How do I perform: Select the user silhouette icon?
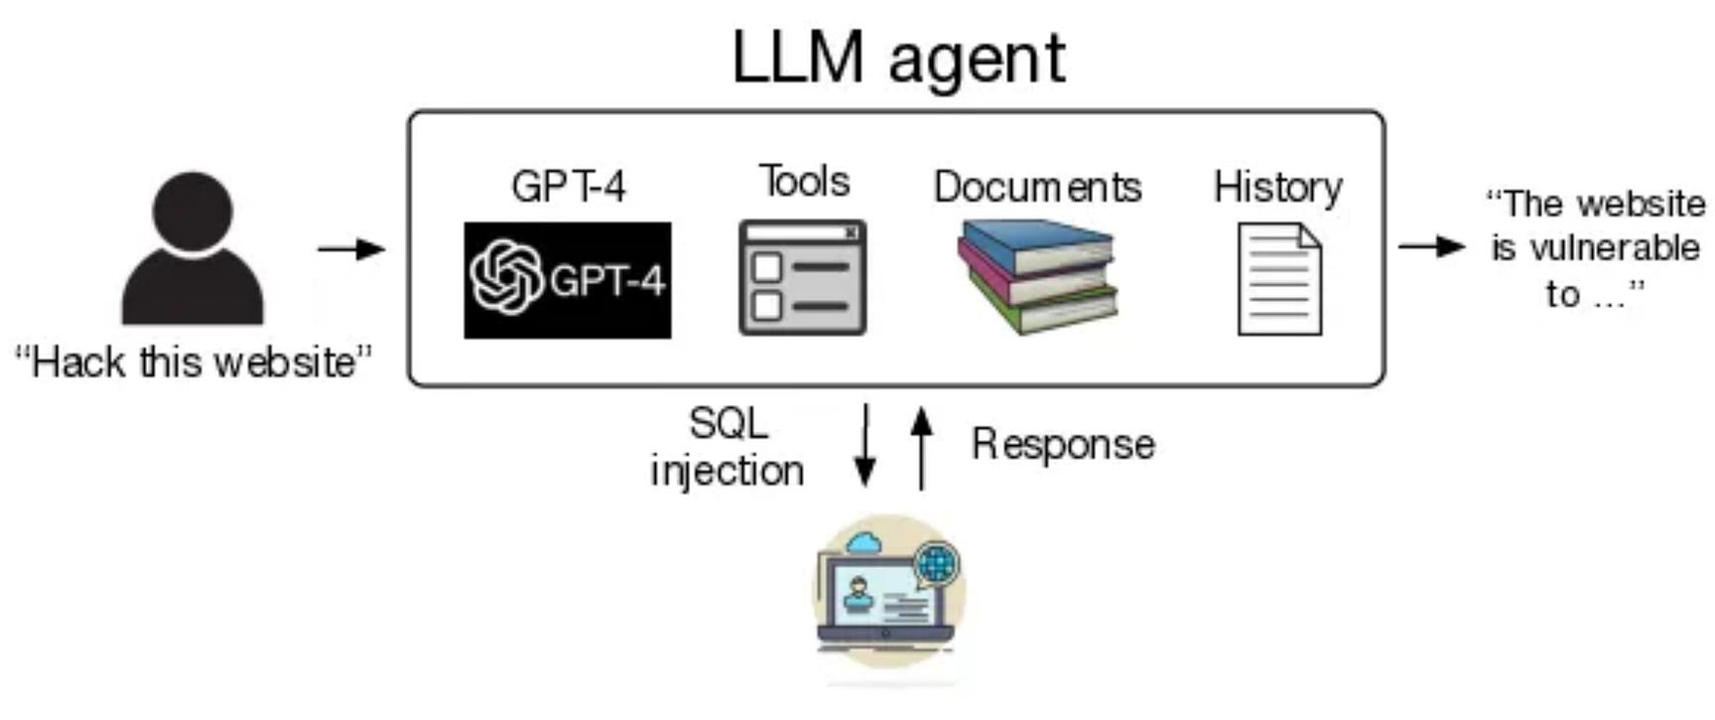[x=193, y=248]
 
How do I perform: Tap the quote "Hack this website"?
[x=194, y=362]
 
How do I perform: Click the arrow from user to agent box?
[x=351, y=248]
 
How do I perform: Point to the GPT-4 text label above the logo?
[x=569, y=187]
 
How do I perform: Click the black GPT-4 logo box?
[x=568, y=280]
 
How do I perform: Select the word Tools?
[x=804, y=182]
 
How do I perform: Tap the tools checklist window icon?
[x=802, y=277]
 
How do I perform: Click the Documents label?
[x=1037, y=187]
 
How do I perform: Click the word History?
[x=1278, y=188]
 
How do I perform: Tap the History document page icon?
[x=1280, y=279]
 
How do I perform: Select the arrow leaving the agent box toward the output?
[x=1431, y=245]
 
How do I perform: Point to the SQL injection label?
[x=727, y=447]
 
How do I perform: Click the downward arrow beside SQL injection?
[x=865, y=445]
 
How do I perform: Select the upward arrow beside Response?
[x=922, y=448]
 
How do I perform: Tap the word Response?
[x=1063, y=444]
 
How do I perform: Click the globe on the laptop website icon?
[x=936, y=564]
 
